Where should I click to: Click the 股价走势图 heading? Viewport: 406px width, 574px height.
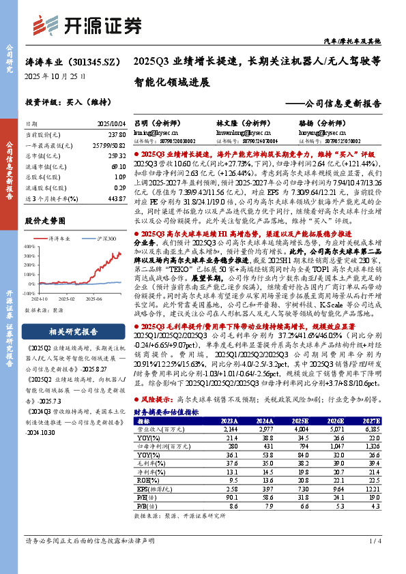pyautogui.click(x=45, y=221)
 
